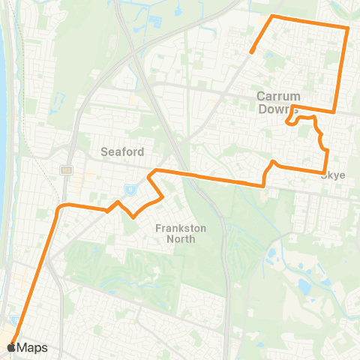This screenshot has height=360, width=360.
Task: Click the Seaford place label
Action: (122, 151)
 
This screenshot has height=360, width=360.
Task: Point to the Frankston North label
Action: (175, 233)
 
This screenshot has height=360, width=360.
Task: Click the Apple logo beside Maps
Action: (10, 348)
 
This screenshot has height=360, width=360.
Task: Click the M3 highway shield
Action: (66, 169)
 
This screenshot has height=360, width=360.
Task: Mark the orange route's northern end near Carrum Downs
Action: (252, 52)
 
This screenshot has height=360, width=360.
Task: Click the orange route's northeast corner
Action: (348, 28)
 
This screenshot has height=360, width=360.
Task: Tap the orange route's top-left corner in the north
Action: (273, 16)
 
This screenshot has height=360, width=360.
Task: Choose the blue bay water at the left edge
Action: (3, 97)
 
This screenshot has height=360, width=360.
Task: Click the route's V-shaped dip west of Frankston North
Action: (133, 217)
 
